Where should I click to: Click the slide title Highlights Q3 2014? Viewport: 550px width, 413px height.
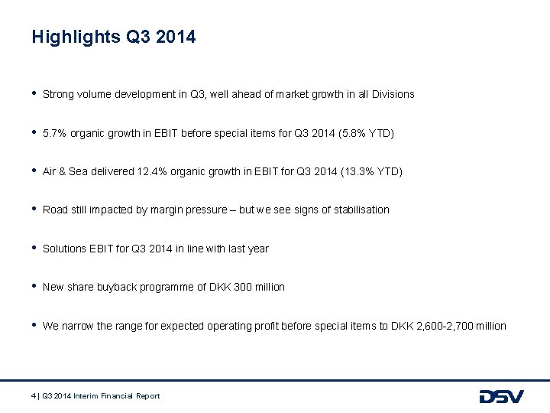(114, 37)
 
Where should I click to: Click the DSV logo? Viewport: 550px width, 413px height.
(501, 396)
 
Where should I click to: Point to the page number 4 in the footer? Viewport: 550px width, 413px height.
(34, 395)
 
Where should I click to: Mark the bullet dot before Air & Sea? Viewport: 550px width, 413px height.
(34, 171)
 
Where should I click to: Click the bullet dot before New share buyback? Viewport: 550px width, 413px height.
(34, 286)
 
